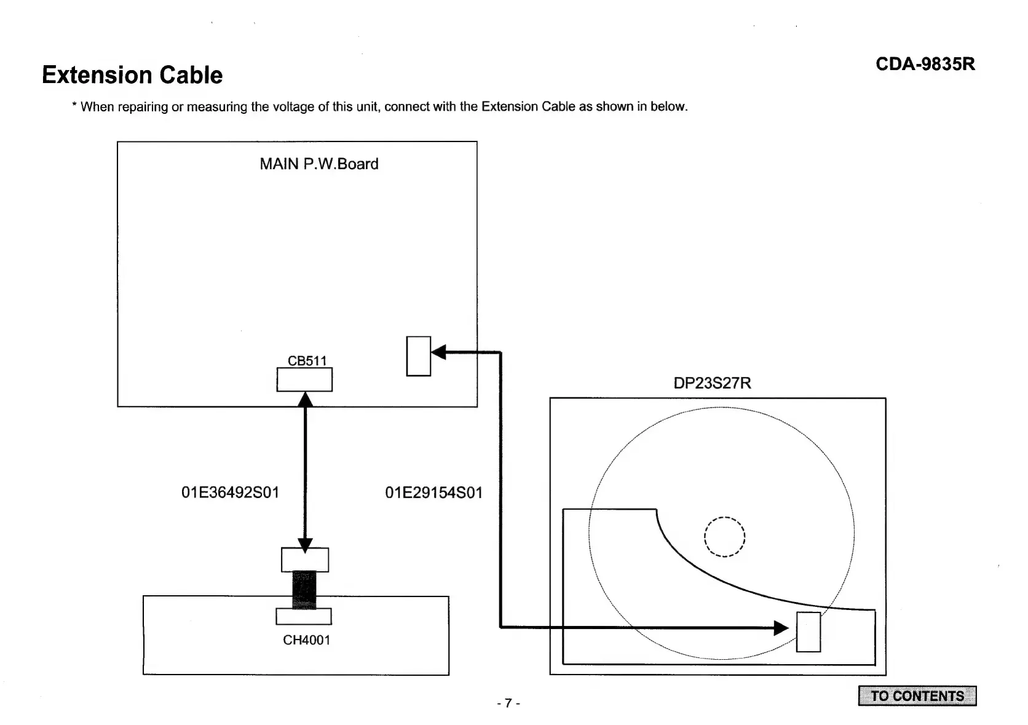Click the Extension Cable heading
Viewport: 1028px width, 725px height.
[132, 75]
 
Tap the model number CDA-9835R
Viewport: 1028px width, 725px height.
[925, 64]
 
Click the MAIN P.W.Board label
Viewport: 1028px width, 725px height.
[318, 164]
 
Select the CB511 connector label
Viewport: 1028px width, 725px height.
[307, 360]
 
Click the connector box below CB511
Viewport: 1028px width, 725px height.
[304, 379]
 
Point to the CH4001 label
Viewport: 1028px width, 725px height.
[306, 640]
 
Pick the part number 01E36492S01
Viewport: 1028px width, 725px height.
[230, 493]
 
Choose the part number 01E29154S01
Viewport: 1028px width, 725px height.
[433, 493]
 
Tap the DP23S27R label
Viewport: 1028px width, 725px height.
[712, 383]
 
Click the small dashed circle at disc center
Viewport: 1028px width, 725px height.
[725, 537]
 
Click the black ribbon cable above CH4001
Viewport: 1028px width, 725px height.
[304, 589]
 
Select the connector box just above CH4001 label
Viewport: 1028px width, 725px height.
[304, 616]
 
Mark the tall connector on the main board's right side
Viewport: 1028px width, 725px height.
[418, 356]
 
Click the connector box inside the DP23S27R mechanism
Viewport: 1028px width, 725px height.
[808, 632]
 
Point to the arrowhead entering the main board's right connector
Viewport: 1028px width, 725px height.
[438, 352]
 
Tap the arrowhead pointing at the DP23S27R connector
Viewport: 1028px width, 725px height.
[781, 628]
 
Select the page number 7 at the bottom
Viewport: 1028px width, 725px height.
[508, 703]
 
